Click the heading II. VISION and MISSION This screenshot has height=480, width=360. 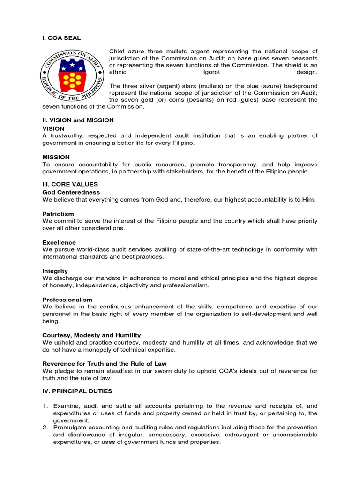(x=78, y=120)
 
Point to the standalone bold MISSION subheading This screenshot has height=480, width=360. (x=56, y=157)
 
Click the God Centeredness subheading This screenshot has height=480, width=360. (x=71, y=192)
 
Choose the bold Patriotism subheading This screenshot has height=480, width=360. (x=58, y=214)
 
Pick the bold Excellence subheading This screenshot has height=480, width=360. (x=59, y=242)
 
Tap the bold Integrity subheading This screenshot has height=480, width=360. (x=55, y=271)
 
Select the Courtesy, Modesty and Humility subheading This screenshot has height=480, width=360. (x=91, y=335)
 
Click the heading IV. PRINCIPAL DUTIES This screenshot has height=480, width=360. (x=77, y=391)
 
